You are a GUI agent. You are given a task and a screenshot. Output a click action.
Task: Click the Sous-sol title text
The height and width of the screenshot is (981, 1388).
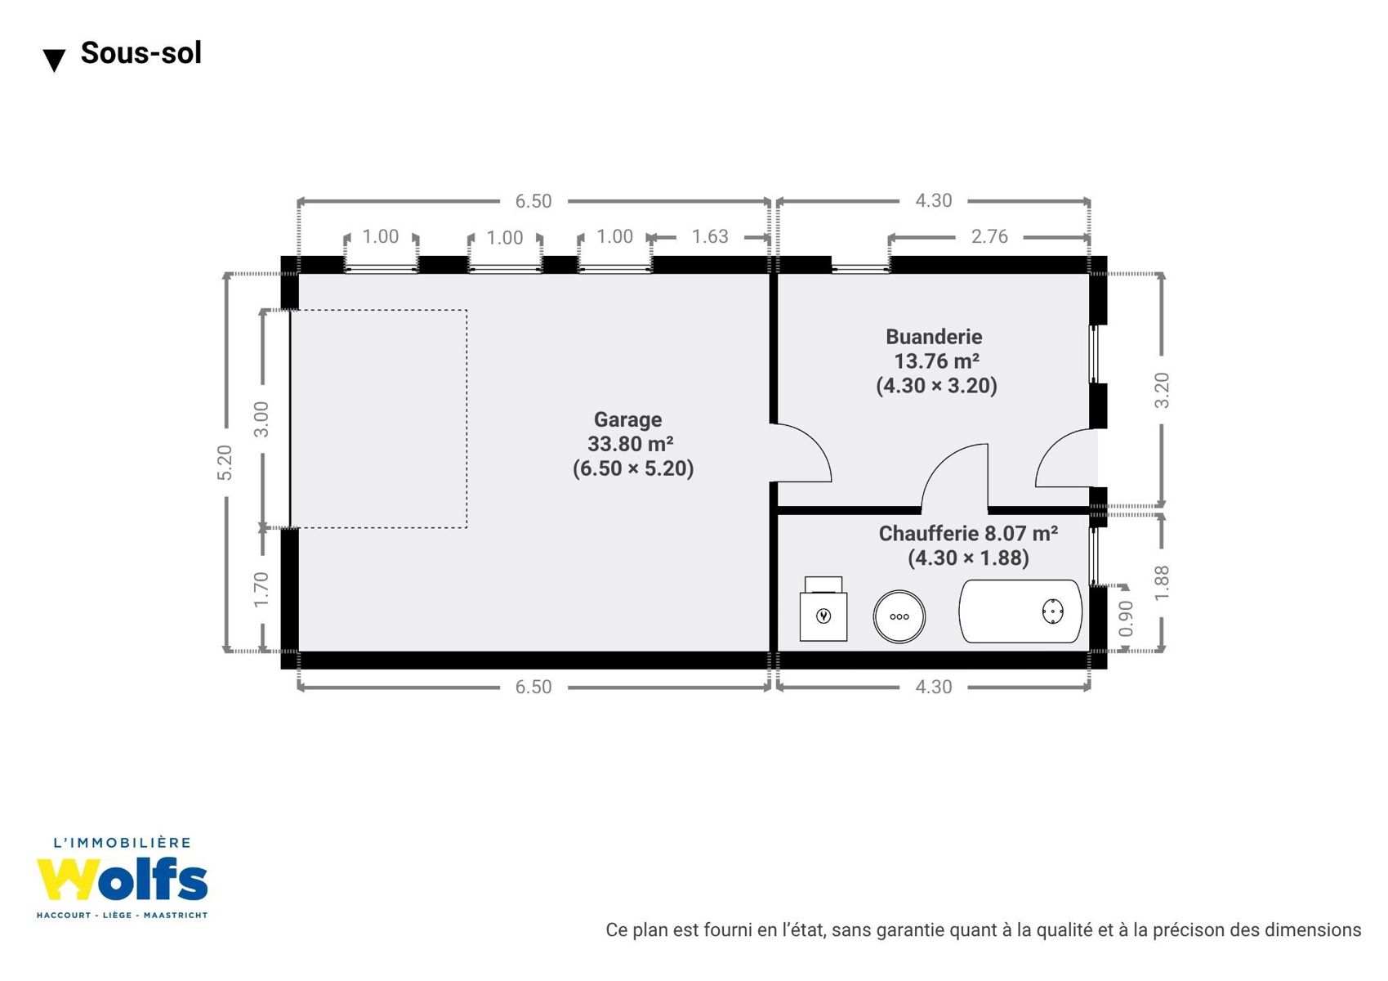click(141, 52)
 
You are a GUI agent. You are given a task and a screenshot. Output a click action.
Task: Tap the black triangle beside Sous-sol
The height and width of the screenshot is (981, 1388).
click(54, 60)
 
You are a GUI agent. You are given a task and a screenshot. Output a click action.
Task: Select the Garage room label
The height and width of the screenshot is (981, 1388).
click(627, 420)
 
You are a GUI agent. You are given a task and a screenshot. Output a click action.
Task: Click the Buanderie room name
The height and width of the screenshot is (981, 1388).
click(934, 337)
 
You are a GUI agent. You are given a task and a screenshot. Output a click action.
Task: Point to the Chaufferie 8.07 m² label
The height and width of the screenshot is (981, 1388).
click(968, 533)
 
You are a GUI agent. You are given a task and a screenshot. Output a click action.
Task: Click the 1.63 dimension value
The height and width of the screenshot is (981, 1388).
click(710, 236)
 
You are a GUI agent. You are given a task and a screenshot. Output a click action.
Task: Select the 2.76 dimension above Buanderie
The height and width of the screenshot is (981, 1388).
click(989, 236)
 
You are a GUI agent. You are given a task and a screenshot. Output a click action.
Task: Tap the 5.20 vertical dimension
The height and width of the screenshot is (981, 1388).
click(225, 463)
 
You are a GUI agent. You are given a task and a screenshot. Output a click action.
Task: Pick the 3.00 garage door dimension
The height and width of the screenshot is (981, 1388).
click(262, 419)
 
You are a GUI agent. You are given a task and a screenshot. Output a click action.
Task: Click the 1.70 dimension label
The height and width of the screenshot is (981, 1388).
click(261, 589)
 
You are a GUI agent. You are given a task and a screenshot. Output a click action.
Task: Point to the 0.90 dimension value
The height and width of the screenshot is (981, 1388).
click(1126, 618)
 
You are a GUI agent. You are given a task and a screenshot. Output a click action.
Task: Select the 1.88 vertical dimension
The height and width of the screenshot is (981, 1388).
click(1162, 583)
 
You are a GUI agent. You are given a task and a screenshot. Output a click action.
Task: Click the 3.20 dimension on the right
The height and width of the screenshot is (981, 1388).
click(1162, 391)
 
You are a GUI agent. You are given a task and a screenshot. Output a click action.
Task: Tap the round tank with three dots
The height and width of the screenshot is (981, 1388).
click(899, 616)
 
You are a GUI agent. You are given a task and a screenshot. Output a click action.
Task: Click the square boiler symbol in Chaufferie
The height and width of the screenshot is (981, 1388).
click(823, 609)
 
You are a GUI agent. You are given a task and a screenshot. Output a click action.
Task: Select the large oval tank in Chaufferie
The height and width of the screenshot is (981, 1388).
click(1020, 611)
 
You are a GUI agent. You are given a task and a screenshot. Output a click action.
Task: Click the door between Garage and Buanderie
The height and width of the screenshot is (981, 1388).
click(801, 453)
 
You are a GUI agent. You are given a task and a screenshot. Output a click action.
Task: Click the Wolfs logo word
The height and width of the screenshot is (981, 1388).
click(122, 880)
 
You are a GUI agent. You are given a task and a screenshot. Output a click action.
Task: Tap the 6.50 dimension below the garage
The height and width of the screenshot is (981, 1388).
click(533, 687)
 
